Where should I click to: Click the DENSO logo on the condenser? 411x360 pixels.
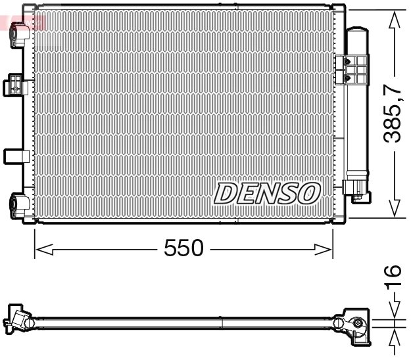[x=268, y=193]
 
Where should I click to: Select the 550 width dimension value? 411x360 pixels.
[x=184, y=249]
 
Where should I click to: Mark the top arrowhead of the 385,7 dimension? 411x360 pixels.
[x=393, y=21]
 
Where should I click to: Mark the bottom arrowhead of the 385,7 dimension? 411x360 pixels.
[x=393, y=208]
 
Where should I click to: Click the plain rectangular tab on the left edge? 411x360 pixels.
[x=14, y=156]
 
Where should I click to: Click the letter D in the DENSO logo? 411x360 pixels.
[x=226, y=193]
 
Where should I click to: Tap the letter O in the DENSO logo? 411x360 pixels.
[x=309, y=193]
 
